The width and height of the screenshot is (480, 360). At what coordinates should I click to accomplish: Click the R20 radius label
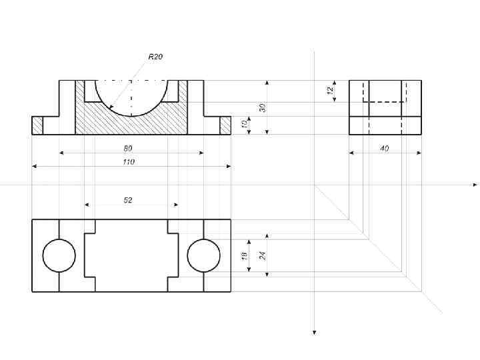[x=155, y=57]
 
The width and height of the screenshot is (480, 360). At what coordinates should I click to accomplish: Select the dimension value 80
[x=128, y=148]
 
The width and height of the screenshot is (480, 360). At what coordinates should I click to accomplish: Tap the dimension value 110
[x=128, y=162]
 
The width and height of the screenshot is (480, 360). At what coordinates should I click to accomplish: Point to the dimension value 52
[x=128, y=200]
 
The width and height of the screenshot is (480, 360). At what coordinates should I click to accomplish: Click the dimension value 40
[x=385, y=149]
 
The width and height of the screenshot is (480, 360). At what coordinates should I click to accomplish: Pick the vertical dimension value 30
[x=263, y=107]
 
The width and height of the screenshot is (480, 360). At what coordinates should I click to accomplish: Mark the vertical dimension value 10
[x=245, y=125]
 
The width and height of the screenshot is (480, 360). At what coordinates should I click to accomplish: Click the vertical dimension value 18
[x=245, y=255]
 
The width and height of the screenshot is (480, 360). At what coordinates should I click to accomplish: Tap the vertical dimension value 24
[x=263, y=255]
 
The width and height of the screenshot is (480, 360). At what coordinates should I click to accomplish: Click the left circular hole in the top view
[x=59, y=255]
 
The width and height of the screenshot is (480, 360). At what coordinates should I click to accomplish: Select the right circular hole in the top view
[x=204, y=255]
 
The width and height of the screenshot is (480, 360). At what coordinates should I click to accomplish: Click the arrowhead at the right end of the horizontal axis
[x=475, y=184]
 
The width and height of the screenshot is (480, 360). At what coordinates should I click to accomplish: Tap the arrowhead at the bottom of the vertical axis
[x=314, y=331]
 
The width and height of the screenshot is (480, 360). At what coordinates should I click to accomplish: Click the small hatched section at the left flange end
[x=37, y=125]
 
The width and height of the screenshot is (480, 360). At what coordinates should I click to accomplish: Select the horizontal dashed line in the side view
[x=385, y=102]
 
